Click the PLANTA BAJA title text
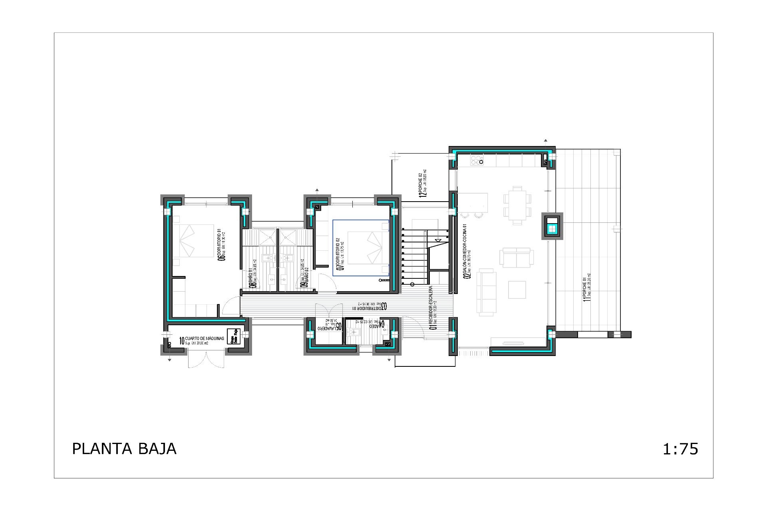(x=124, y=449)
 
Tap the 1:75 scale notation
(x=680, y=449)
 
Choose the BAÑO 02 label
(x=304, y=278)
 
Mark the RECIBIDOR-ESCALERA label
(x=433, y=307)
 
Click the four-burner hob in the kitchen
(x=477, y=160)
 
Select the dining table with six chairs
(x=517, y=205)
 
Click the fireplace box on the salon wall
(x=552, y=226)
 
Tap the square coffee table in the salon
(x=517, y=290)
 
